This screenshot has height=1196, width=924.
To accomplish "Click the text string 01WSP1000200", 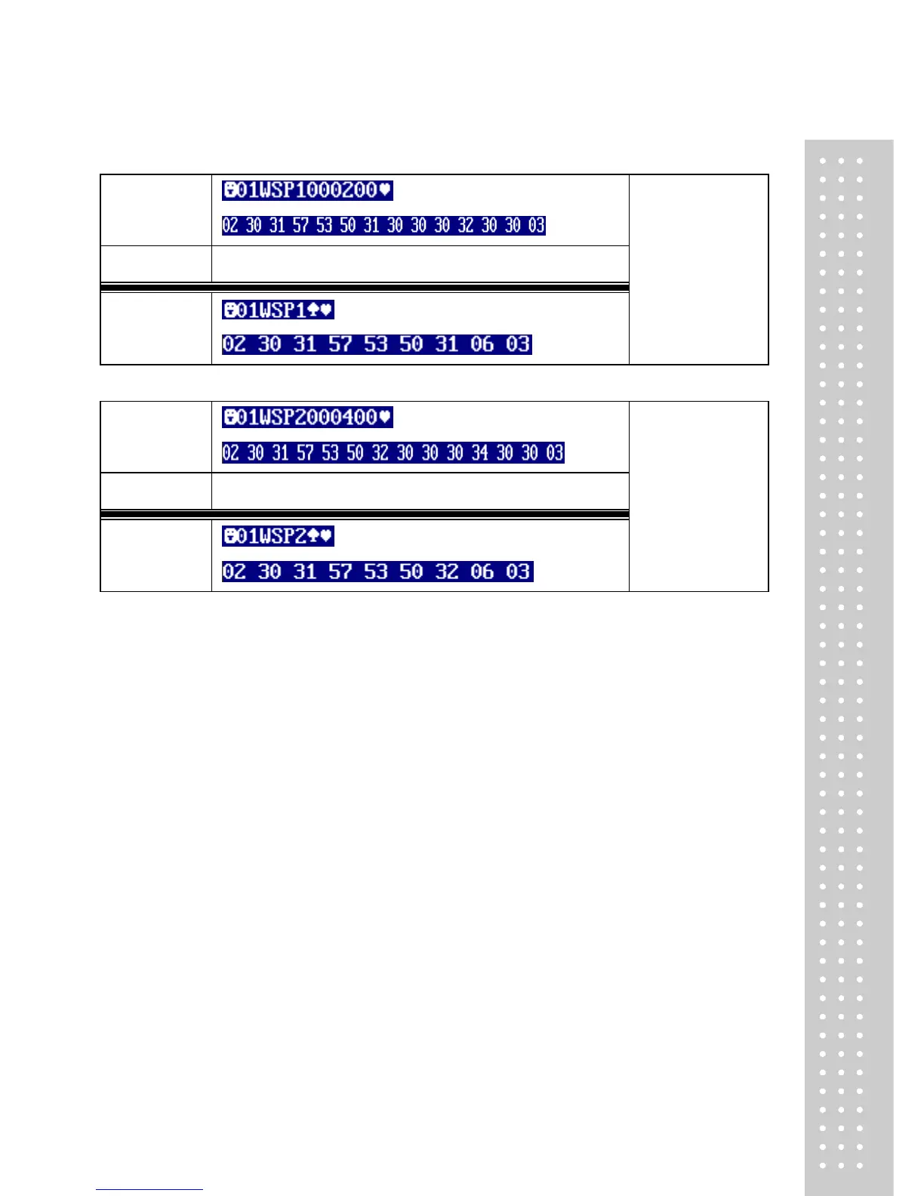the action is point(307,190).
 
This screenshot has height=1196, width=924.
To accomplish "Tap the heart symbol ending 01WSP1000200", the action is point(385,190).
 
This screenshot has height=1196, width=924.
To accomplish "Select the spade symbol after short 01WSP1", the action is point(313,310).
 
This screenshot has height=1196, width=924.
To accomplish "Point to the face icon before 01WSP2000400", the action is point(229,418).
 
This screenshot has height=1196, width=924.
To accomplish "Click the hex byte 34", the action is point(480,453).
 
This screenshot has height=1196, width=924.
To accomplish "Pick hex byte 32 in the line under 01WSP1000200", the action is point(466,226).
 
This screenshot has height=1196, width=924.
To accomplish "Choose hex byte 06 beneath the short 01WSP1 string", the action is point(482,345).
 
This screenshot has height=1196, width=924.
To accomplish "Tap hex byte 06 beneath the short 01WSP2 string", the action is point(482,572).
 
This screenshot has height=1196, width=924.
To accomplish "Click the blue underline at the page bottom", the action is point(149,1189).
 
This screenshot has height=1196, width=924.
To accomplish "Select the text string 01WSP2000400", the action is point(307,418).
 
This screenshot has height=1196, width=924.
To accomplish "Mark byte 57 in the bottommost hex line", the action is point(340,572).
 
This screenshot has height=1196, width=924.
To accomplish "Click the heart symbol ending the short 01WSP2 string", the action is point(326,536).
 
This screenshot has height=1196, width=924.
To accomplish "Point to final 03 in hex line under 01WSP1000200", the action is point(536,226).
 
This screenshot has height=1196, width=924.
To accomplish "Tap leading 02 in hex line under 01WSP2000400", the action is point(231,453).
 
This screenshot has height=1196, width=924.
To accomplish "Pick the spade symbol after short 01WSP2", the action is point(313,536).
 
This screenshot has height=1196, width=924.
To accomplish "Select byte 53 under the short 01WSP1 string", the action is point(375,345).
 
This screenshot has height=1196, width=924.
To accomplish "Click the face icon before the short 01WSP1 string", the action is point(229,310).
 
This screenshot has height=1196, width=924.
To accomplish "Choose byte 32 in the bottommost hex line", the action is point(446,572).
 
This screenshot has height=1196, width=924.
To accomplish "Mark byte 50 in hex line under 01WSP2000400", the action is point(355,453).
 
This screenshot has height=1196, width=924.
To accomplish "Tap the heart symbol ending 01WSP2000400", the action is point(385,418).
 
